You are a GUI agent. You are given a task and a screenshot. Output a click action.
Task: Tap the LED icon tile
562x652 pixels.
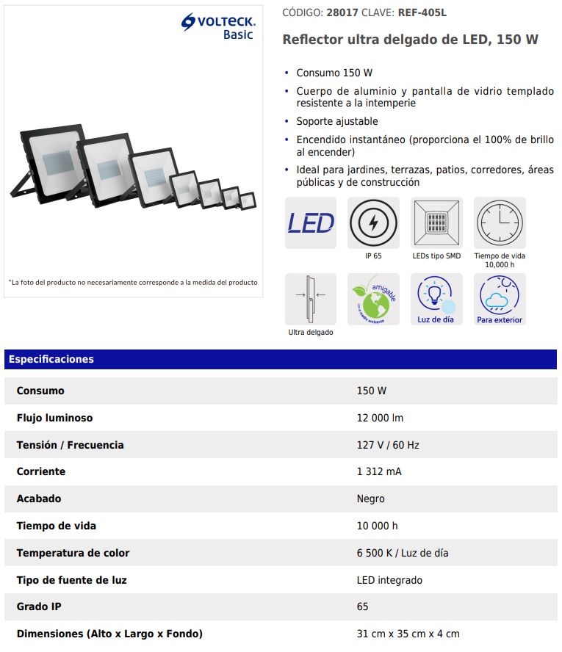pos(311,222)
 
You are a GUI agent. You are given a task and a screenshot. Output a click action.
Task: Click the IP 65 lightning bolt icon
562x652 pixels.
pos(373,222)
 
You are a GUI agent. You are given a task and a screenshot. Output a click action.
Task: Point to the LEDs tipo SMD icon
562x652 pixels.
pos(437,222)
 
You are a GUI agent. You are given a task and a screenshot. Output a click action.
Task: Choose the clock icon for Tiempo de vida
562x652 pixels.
pos(500,222)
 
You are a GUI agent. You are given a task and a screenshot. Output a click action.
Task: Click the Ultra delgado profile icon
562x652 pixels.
pos(311,299)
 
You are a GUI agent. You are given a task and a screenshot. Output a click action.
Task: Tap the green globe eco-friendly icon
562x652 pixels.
pos(373,299)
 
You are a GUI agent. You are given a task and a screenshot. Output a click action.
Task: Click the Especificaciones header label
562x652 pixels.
pos(51,359)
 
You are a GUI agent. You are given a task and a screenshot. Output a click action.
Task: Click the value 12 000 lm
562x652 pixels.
pos(380,418)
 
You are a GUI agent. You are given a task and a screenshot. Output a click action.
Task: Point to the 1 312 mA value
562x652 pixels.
pos(379,471)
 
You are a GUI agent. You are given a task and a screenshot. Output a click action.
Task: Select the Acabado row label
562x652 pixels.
pos(40,499)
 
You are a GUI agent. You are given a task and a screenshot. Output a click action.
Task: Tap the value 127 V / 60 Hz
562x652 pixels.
pos(388,445)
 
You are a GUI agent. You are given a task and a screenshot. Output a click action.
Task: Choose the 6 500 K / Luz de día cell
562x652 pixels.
pos(403,553)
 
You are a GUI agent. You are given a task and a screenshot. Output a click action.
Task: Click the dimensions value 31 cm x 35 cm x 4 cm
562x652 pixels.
pos(408,634)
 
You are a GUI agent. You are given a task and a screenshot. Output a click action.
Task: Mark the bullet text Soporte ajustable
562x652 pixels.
pos(337,121)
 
